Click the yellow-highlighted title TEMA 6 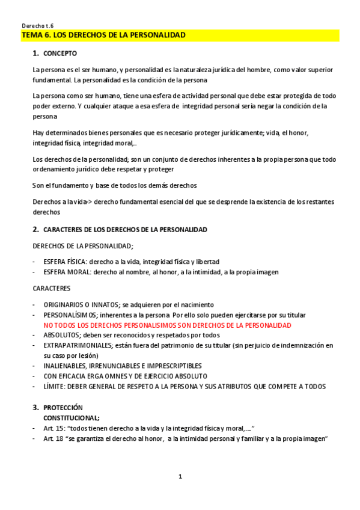[x=103, y=35]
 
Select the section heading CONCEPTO [x=60, y=54]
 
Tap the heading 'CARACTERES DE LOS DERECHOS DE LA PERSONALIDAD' [x=125, y=230]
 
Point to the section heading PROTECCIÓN [x=63, y=407]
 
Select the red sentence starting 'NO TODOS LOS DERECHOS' [x=167, y=325]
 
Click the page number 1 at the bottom [x=180, y=477]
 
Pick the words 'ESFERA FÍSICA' [x=64, y=262]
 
